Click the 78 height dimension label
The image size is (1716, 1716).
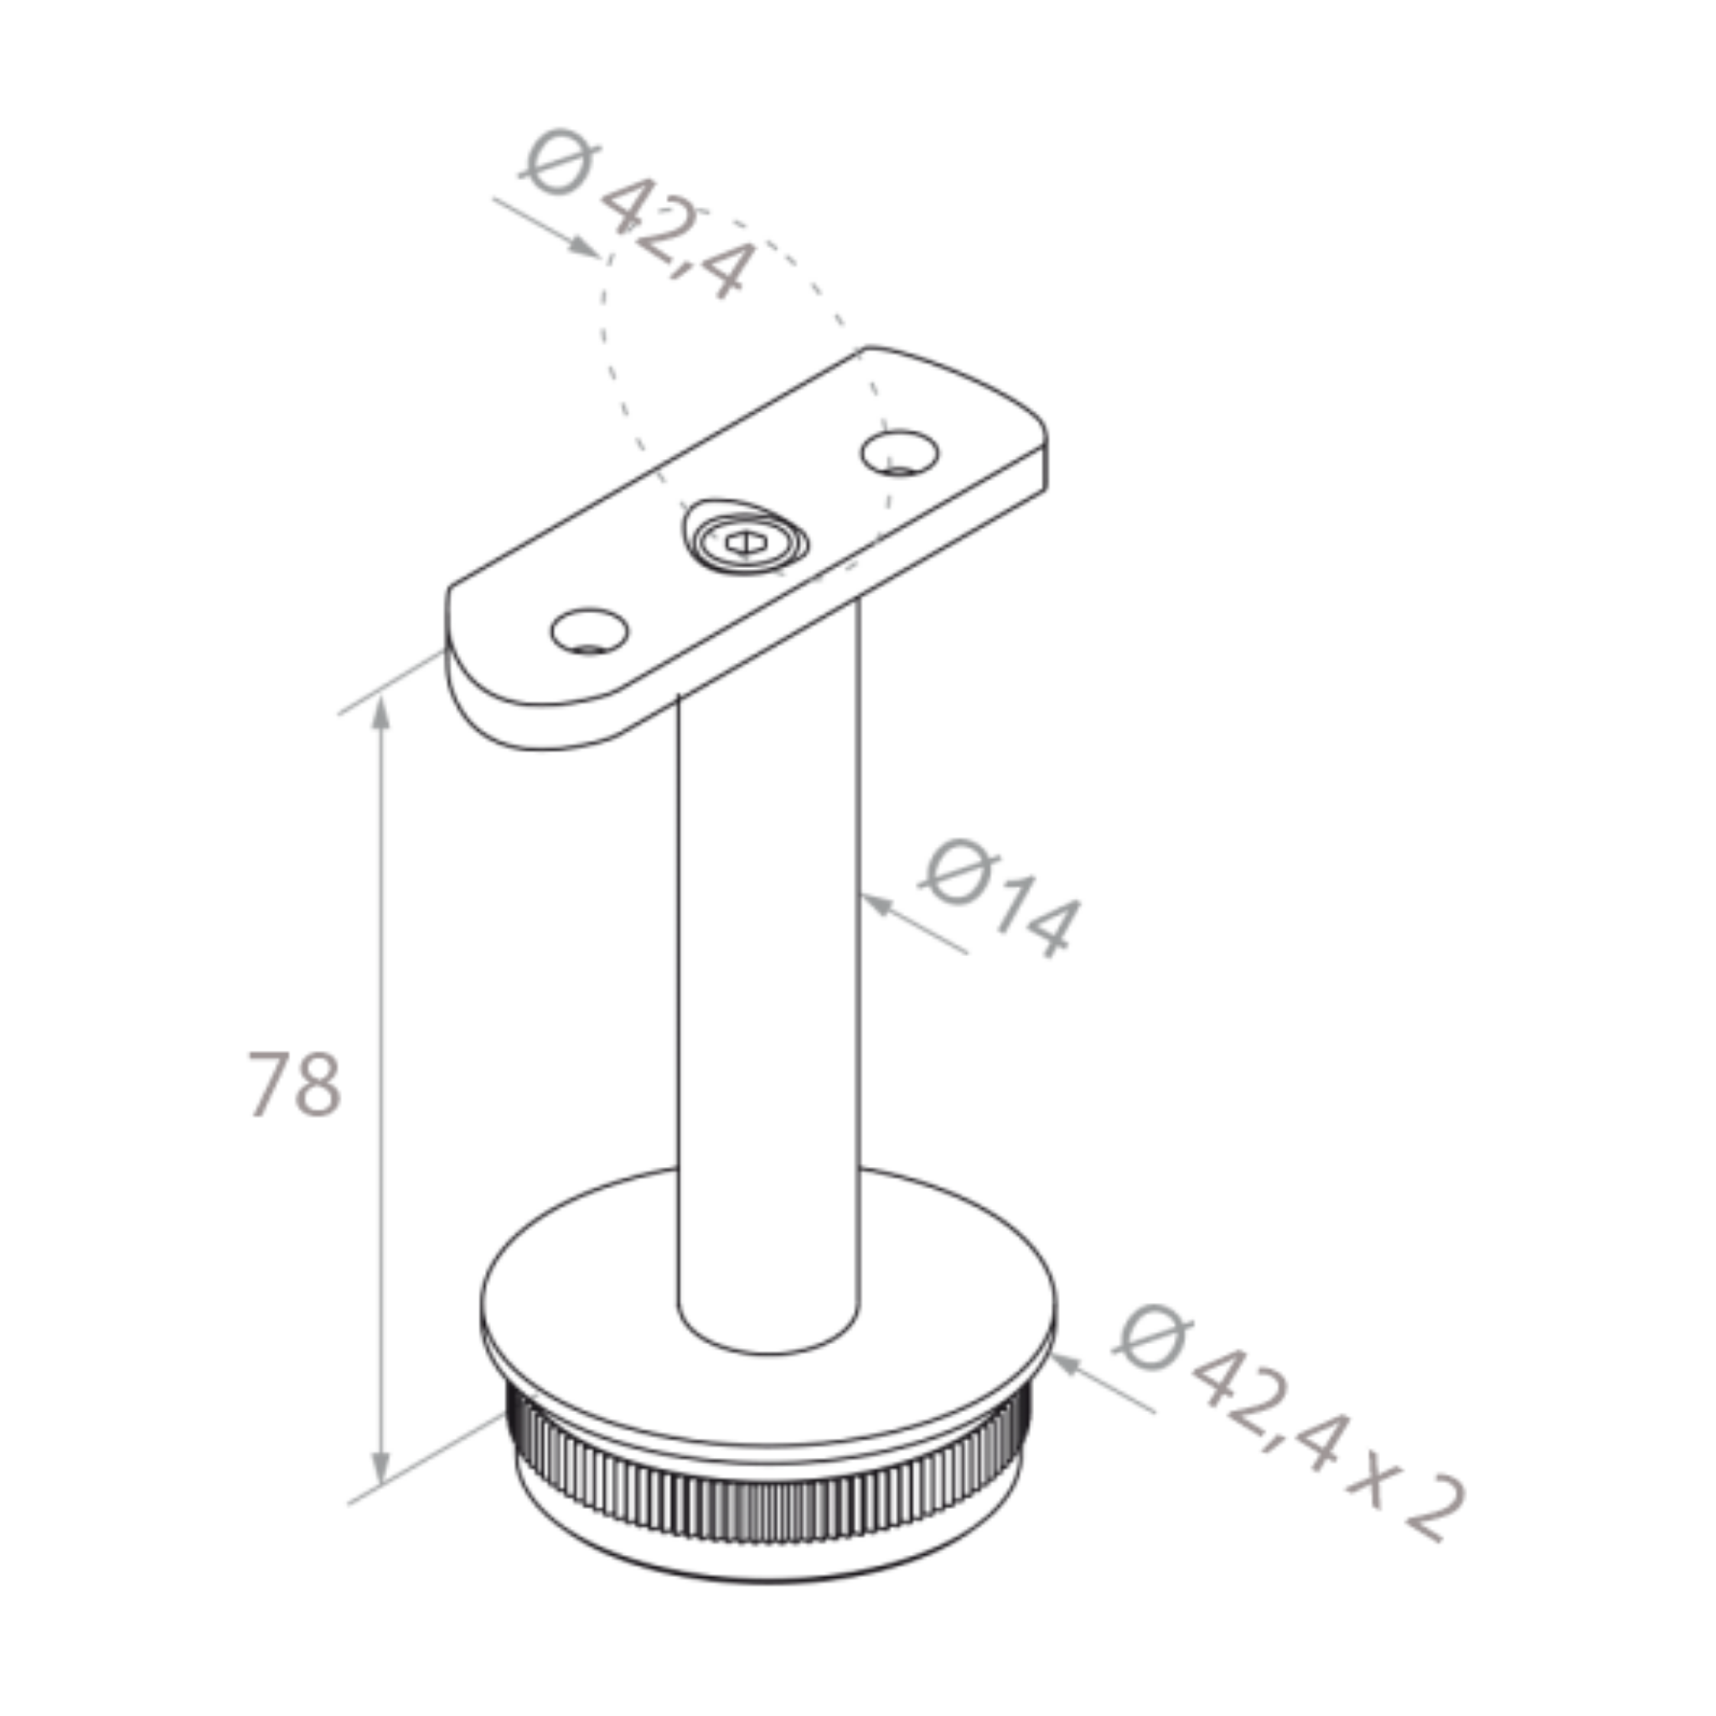pos(294,1083)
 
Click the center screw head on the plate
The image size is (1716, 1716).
pos(744,541)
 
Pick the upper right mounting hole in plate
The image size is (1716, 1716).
pos(899,452)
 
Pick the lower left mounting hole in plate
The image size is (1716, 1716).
pos(589,631)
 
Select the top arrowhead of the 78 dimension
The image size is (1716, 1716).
pos(381,712)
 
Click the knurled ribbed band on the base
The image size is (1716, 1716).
pos(764,1501)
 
